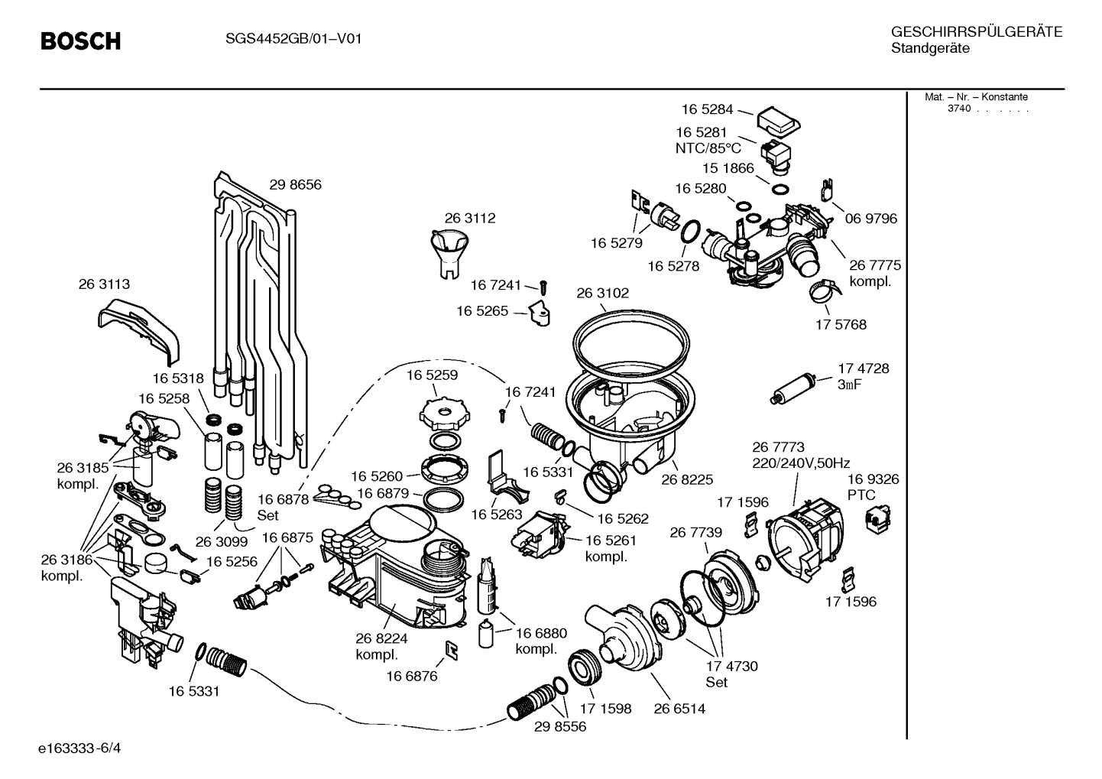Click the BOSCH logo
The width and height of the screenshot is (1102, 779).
click(80, 41)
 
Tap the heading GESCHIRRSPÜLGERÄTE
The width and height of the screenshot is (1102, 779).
click(976, 32)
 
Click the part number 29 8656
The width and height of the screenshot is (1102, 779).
click(295, 184)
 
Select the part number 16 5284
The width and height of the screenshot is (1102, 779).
click(708, 109)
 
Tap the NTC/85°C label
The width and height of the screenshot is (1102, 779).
click(708, 148)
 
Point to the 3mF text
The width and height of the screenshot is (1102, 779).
click(848, 385)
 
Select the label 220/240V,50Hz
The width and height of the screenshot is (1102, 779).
click(801, 463)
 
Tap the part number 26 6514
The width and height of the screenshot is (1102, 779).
click(679, 709)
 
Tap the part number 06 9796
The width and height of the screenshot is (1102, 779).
click(870, 219)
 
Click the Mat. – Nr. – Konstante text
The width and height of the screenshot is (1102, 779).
click(976, 97)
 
